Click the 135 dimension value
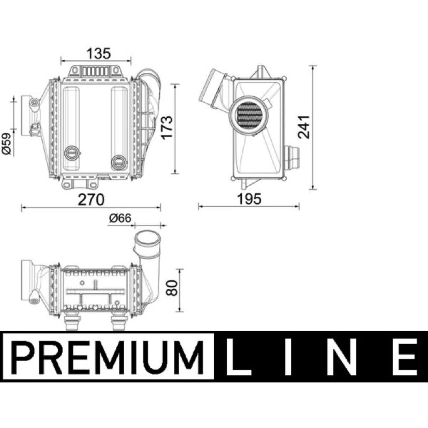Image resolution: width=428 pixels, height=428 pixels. pyautogui.click(x=98, y=54)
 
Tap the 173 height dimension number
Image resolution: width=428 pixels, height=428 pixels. pyautogui.click(x=166, y=128)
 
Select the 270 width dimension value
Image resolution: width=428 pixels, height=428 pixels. pyautogui.click(x=91, y=200)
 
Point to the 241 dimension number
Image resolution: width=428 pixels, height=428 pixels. pyautogui.click(x=303, y=127)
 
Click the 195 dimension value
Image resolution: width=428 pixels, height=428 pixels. pyautogui.click(x=249, y=199)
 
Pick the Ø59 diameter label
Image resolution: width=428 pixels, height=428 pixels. pyautogui.click(x=7, y=144)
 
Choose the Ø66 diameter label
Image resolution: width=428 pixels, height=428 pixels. pyautogui.click(x=120, y=218)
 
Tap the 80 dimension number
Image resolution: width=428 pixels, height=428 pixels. pyautogui.click(x=172, y=288)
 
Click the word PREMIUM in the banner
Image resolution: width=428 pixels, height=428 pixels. pyautogui.click(x=109, y=357)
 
